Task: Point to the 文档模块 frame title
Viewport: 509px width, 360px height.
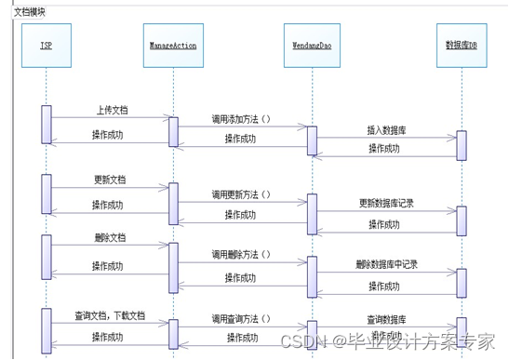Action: [29, 12]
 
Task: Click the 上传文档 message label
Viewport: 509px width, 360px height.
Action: [112, 110]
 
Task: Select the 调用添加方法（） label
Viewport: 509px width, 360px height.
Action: [240, 119]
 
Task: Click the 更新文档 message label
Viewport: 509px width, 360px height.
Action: [109, 179]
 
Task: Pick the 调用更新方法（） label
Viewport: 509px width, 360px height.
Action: [240, 194]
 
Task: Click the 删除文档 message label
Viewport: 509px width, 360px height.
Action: [110, 237]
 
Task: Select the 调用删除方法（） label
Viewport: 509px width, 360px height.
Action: [240, 253]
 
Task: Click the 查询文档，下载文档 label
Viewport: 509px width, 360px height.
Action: [111, 316]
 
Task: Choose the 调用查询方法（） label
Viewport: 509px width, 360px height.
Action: [240, 317]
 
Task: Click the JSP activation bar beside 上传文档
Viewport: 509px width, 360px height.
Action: [46, 124]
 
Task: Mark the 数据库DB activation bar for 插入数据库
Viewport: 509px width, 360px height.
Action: [461, 145]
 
